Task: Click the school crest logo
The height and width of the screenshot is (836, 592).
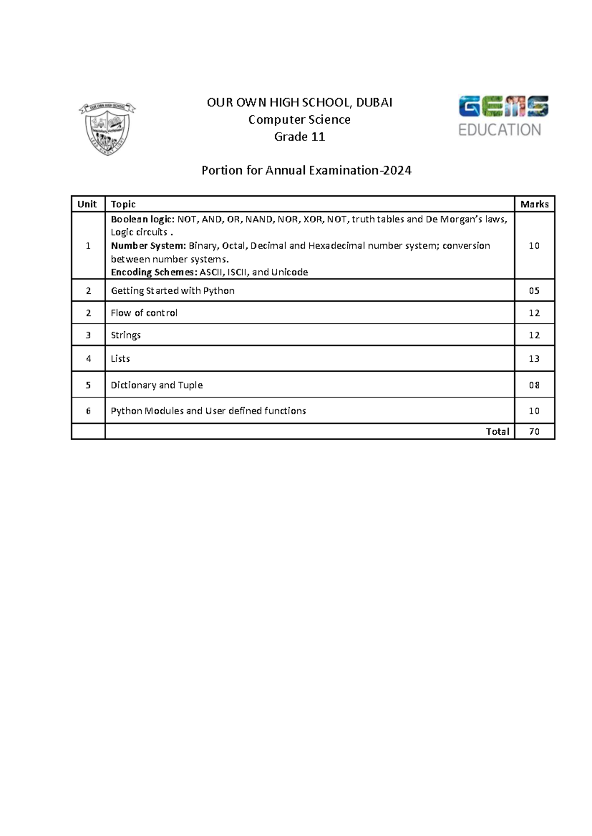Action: click(x=108, y=129)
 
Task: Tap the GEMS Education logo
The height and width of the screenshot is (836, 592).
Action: click(x=503, y=116)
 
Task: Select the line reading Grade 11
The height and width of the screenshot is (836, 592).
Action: click(x=299, y=137)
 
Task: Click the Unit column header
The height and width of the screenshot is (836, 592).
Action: click(x=87, y=204)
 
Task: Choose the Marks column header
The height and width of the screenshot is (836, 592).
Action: click(x=534, y=204)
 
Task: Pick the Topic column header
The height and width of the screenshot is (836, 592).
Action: click(x=123, y=204)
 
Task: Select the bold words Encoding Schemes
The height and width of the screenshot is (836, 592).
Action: click(x=154, y=272)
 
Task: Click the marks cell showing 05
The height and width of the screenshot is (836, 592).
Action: click(x=534, y=291)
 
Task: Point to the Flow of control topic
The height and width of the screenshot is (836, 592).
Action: click(x=144, y=313)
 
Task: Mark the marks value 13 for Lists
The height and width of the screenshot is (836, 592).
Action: click(x=534, y=359)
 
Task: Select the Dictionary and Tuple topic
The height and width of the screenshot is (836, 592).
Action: click(x=157, y=385)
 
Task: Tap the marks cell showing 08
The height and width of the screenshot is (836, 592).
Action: click(x=534, y=385)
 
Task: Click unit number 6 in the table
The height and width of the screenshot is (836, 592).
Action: click(x=88, y=411)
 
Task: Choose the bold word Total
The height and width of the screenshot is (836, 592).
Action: click(x=497, y=432)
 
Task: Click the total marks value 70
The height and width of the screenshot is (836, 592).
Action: click(x=534, y=432)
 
